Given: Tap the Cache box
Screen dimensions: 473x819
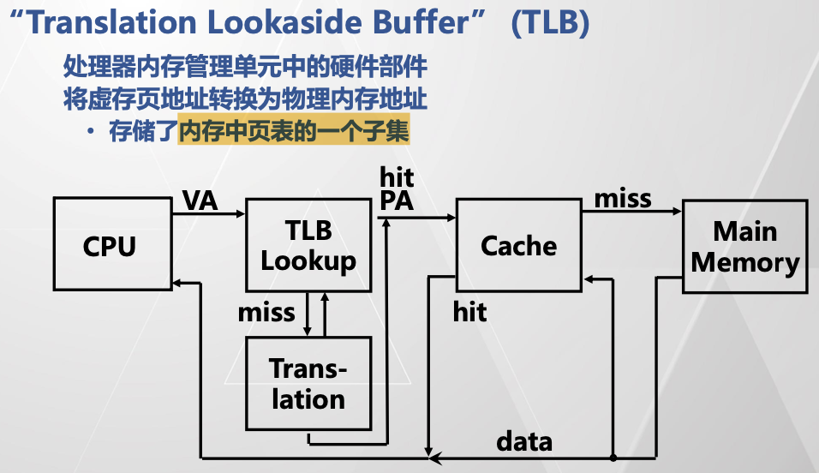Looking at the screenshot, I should (x=518, y=246).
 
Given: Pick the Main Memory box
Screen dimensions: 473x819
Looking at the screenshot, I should (x=744, y=246).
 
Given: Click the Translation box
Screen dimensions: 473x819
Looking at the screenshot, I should (x=308, y=382).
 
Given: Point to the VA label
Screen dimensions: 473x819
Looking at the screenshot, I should (x=200, y=201).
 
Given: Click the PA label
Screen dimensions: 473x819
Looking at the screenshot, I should (x=397, y=202).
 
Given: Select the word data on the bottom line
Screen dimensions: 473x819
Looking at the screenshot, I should (x=524, y=441).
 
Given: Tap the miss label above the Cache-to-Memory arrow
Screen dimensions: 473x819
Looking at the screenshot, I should (x=623, y=199).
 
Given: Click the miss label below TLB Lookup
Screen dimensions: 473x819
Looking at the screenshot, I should (x=266, y=312).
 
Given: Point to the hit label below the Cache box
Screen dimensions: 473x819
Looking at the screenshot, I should (x=469, y=312).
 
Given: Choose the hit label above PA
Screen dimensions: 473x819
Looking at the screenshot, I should (x=397, y=178).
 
